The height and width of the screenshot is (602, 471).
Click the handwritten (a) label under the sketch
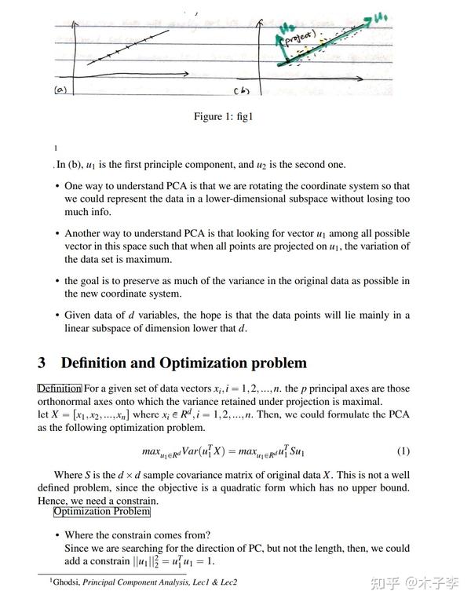tap(60, 90)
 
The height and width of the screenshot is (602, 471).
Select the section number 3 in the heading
tap(42, 363)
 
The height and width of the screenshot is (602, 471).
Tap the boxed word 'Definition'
tap(60, 388)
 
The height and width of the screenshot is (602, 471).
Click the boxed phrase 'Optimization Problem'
tap(101, 512)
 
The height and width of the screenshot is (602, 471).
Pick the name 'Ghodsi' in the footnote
tap(66, 582)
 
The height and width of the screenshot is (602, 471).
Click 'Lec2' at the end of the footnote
tap(225, 582)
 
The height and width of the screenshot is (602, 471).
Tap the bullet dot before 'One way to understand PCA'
tap(57, 187)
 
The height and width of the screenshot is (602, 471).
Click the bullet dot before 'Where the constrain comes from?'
tap(57, 535)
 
